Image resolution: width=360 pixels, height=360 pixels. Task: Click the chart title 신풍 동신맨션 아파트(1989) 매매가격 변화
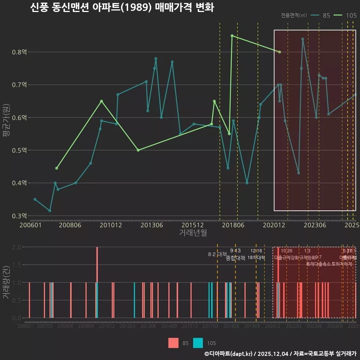pos(122,8)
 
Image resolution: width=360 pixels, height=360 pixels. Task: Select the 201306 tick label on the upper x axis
pos(151,225)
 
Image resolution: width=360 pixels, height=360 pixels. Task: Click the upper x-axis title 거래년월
pos(193,233)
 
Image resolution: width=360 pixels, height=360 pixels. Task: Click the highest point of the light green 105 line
pos(232,36)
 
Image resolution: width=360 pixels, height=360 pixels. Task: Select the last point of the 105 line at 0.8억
pos(280,52)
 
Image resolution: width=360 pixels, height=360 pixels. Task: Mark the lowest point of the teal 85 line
pos(50,211)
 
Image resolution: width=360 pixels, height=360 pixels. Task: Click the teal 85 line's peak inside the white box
pos(303,39)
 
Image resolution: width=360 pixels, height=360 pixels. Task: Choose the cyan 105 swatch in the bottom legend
pos(198,343)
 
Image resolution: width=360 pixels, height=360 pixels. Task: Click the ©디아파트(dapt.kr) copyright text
pos(229,354)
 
